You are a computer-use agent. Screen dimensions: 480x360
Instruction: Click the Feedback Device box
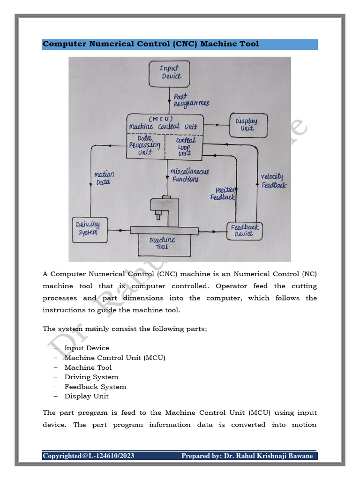[x=245, y=230]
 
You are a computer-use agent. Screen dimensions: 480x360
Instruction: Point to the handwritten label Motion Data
[x=104, y=178]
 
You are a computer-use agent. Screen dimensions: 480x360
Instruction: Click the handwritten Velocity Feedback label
[x=273, y=180]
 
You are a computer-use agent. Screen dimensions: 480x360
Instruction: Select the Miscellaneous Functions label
[x=189, y=175]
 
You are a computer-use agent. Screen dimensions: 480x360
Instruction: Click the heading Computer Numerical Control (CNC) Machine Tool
[x=150, y=44]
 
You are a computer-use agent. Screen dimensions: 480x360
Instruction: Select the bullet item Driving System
[x=91, y=377]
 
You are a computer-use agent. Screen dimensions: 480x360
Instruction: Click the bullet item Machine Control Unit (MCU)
[x=115, y=358]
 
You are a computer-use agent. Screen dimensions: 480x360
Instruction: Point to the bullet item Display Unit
[x=86, y=396]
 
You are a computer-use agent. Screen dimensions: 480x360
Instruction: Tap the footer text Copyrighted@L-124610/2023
[x=88, y=456]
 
